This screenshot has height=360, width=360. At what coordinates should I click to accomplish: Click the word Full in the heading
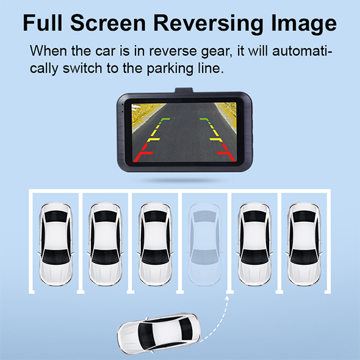point(43,23)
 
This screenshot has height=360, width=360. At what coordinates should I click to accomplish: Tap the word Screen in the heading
point(108,23)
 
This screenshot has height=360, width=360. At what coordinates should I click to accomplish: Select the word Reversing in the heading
point(209,24)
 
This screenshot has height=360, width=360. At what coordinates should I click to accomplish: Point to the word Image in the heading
point(303,24)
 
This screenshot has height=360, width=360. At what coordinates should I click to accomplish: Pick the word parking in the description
point(170,69)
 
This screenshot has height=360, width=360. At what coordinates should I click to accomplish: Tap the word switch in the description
point(82,68)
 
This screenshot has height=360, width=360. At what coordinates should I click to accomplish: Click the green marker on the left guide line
point(165,119)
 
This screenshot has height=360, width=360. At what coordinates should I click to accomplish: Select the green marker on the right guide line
point(204,119)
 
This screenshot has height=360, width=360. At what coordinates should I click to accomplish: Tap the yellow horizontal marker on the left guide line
point(154,139)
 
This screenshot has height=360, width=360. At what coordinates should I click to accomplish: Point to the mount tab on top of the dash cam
point(184,90)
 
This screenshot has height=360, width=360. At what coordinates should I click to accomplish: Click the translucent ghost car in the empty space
point(205,244)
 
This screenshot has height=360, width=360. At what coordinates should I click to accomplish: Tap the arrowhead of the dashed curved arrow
point(227,298)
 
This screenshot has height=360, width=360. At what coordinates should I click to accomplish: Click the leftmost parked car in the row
point(56,244)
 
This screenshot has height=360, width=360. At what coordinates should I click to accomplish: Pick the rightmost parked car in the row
point(304,244)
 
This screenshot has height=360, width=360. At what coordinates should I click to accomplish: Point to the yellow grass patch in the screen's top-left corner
point(145,113)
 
